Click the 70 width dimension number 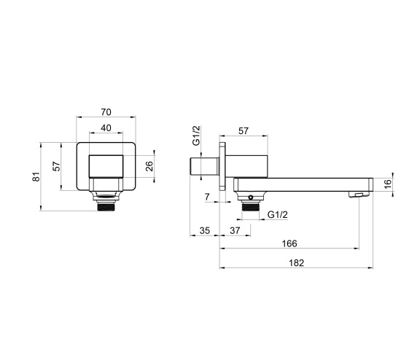pos(106,113)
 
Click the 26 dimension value pos(149,167)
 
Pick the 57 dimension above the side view pos(244,132)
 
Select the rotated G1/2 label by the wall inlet pos(195,136)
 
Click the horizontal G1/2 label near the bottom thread pos(278,214)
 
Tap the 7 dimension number pos(206,197)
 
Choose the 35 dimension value pos(204,230)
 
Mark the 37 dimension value pos(235,230)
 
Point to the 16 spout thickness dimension pos(388,183)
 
